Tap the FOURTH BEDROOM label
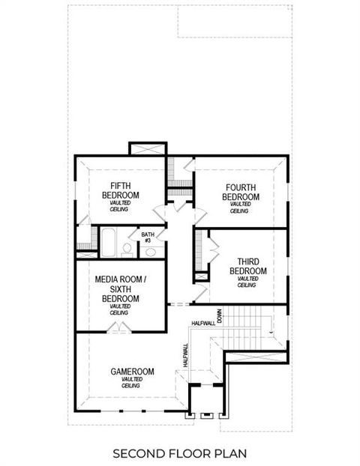tap(241, 192)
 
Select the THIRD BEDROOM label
tap(247, 266)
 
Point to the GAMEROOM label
tap(132, 371)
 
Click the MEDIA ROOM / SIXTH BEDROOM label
tap(121, 289)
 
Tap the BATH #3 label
tap(148, 237)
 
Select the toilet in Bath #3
tap(127, 248)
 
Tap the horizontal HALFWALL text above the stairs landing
tap(203, 323)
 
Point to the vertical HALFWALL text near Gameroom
tap(184, 354)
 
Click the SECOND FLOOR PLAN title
tap(179, 453)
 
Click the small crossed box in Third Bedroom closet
tap(200, 277)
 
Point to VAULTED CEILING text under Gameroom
tap(132, 384)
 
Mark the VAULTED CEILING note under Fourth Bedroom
tap(240, 208)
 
